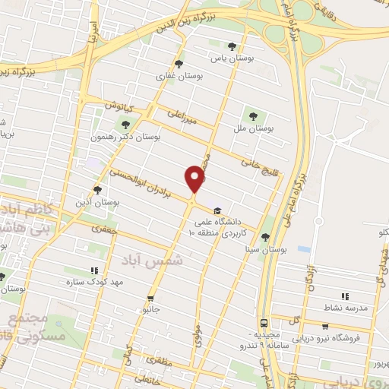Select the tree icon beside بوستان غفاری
pyautogui.click(x=179, y=64)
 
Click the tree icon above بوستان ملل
pyautogui.click(x=253, y=116)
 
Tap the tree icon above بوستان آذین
pyautogui.click(x=96, y=190)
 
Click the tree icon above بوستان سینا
pyautogui.click(x=265, y=237)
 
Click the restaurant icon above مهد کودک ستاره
pyautogui.click(x=94, y=270)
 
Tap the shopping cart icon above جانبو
pyautogui.click(x=150, y=298)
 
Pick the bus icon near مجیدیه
pyautogui.click(x=263, y=322)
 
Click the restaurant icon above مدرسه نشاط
pyautogui.click(x=345, y=296)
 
